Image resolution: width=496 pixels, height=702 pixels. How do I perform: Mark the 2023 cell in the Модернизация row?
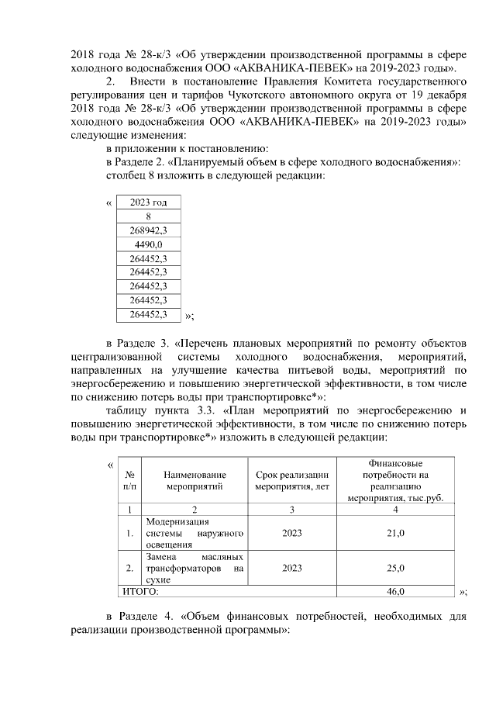pyautogui.click(x=292, y=534)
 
